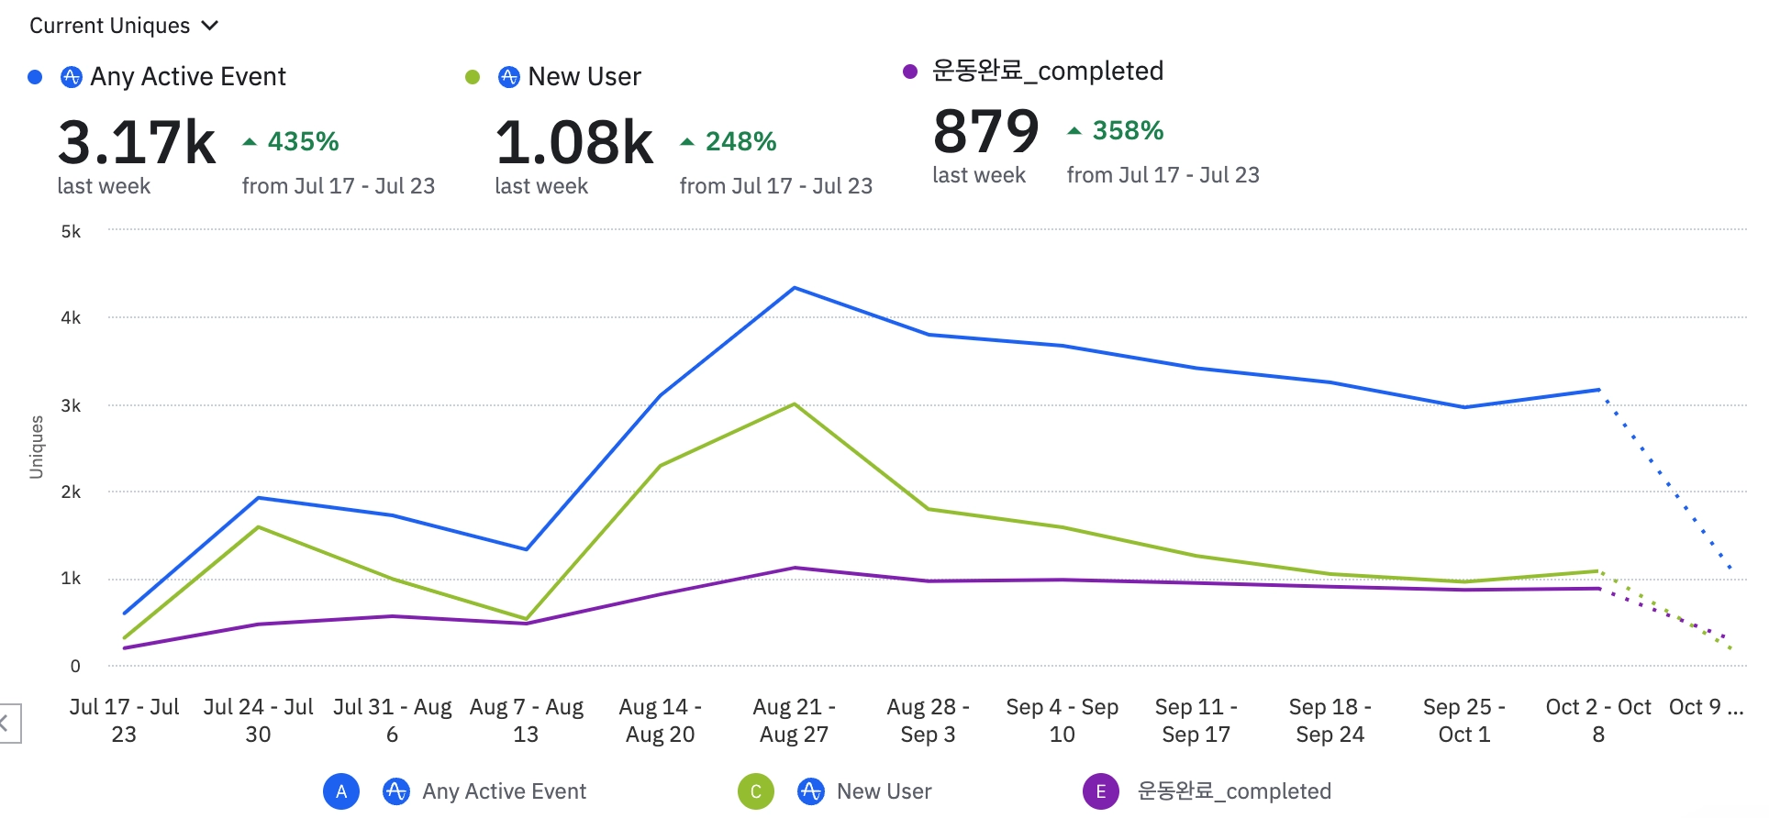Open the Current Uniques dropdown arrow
pyautogui.click(x=210, y=26)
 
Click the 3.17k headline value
pyautogui.click(x=137, y=143)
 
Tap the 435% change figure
pyautogui.click(x=303, y=142)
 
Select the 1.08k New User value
pyautogui.click(x=574, y=143)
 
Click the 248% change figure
pyautogui.click(x=740, y=142)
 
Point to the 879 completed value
pyautogui.click(x=986, y=132)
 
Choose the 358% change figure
pyautogui.click(x=1128, y=131)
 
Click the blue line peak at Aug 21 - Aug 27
pyautogui.click(x=795, y=288)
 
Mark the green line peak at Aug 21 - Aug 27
pyautogui.click(x=795, y=404)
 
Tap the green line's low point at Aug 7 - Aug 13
pyautogui.click(x=526, y=619)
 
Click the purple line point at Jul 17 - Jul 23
pyautogui.click(x=125, y=648)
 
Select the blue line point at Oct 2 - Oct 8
pyautogui.click(x=1598, y=390)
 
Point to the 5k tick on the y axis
pyautogui.click(x=71, y=232)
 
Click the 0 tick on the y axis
pyautogui.click(x=75, y=667)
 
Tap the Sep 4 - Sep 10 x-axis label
pyautogui.click(x=1062, y=720)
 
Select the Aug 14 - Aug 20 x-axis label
pyautogui.click(x=660, y=720)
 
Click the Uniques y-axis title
pyautogui.click(x=37, y=447)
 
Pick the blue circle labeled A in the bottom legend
pyautogui.click(x=341, y=791)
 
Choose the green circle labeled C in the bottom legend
pyautogui.click(x=756, y=791)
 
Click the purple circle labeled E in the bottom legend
pyautogui.click(x=1101, y=791)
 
